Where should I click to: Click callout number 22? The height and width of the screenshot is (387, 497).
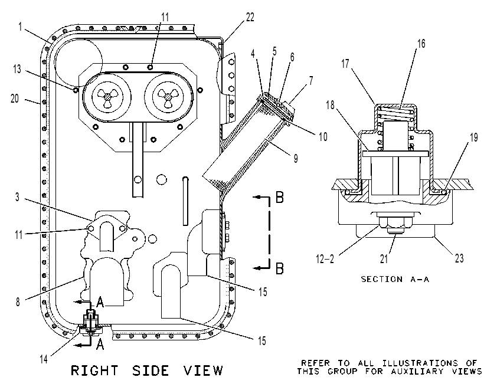click(250, 17)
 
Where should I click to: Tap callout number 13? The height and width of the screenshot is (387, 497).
click(17, 68)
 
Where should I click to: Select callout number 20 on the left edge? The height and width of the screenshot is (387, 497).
click(15, 99)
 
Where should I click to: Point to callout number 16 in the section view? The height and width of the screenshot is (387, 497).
click(421, 44)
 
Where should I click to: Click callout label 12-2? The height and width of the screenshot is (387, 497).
click(325, 259)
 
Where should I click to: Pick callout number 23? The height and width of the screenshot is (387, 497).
click(459, 258)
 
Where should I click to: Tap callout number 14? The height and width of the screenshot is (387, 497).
click(44, 359)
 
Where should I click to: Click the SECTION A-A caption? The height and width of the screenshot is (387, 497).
click(395, 279)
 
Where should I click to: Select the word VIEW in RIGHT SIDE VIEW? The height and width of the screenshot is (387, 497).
click(203, 370)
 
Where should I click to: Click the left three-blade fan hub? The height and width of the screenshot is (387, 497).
click(106, 96)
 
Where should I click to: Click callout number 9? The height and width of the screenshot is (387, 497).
click(296, 158)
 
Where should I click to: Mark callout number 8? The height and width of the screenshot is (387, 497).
click(18, 302)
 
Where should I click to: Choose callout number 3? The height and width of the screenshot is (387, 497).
click(18, 197)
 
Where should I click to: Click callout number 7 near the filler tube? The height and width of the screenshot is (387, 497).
click(311, 81)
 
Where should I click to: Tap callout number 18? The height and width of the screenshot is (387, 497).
click(331, 104)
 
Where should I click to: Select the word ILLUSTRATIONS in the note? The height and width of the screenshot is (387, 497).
click(420, 363)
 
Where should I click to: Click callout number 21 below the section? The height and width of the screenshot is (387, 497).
click(384, 259)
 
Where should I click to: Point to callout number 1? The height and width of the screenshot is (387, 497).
click(20, 27)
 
